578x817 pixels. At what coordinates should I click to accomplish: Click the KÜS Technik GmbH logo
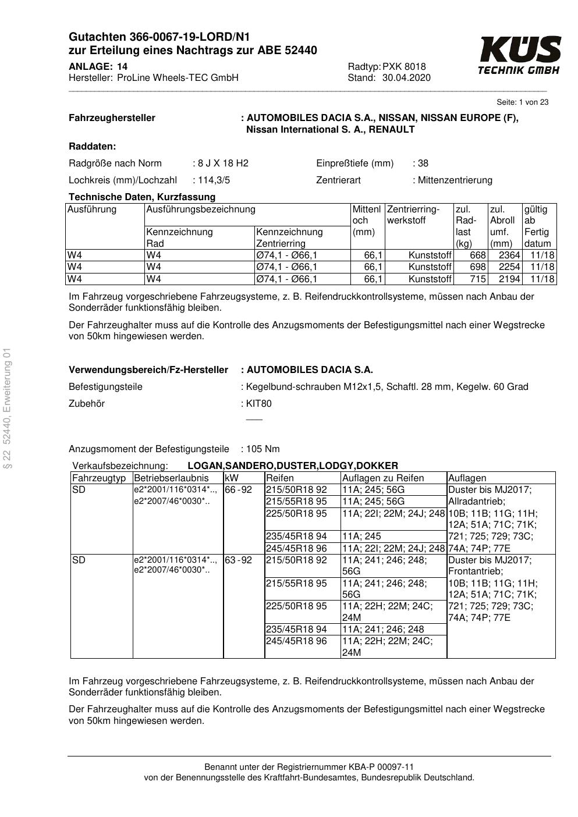pyautogui.click(x=519, y=55)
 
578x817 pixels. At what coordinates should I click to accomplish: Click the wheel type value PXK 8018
pyautogui.click(x=404, y=66)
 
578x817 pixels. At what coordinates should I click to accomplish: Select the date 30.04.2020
pyautogui.click(x=406, y=77)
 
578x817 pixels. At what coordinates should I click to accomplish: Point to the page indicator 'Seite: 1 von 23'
pyautogui.click(x=522, y=102)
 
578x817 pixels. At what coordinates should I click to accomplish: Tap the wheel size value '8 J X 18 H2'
pyautogui.click(x=223, y=163)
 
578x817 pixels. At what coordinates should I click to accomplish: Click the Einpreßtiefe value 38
pyautogui.click(x=423, y=163)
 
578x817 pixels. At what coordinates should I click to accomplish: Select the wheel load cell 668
pyautogui.click(x=477, y=255)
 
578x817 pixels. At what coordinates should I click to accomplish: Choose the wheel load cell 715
pyautogui.click(x=477, y=279)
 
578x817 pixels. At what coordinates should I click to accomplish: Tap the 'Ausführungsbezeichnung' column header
pyautogui.click(x=201, y=209)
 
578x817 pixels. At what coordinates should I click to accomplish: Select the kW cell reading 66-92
pyautogui.click(x=239, y=490)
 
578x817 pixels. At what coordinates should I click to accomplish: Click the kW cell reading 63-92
pyautogui.click(x=239, y=560)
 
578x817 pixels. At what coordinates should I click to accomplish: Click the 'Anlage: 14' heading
pyautogui.click(x=98, y=66)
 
